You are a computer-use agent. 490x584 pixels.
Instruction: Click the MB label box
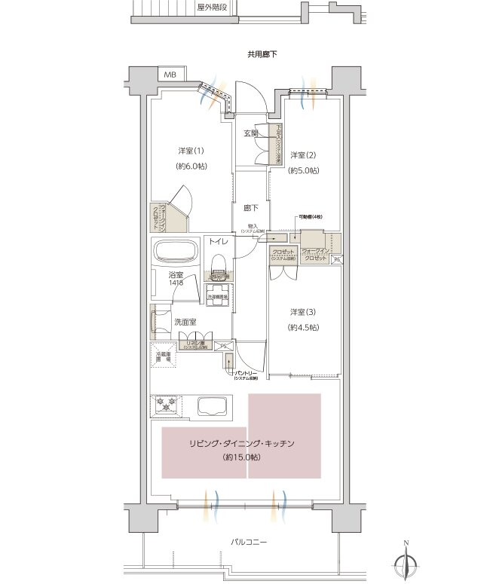(x=170, y=75)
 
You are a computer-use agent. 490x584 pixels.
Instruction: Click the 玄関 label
(x=251, y=133)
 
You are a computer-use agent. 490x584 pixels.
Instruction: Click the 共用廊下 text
(x=263, y=54)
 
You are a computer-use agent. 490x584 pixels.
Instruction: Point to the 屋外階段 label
(x=213, y=8)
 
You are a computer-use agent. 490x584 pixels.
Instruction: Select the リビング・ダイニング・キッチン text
(x=241, y=444)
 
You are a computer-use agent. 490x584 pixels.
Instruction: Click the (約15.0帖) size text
(x=241, y=457)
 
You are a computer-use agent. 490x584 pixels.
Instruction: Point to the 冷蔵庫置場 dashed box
(x=164, y=358)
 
